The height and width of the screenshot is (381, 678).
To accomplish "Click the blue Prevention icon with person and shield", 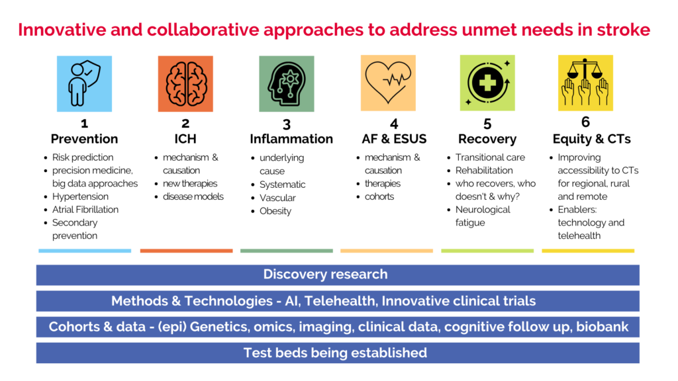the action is click(x=84, y=84).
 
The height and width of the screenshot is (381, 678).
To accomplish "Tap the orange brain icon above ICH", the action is click(x=185, y=84).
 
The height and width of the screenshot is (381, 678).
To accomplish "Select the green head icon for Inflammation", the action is click(x=287, y=84).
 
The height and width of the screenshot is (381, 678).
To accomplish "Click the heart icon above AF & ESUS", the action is click(x=388, y=83).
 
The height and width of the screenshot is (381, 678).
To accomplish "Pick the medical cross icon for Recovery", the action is click(x=487, y=83).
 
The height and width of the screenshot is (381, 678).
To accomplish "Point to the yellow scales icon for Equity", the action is click(x=585, y=83).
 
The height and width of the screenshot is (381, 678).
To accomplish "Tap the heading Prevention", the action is click(x=84, y=139).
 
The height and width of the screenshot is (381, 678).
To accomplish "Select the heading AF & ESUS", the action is click(x=394, y=139).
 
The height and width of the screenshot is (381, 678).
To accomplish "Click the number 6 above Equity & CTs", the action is click(x=585, y=122).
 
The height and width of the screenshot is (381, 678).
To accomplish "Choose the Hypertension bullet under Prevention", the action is click(x=80, y=196).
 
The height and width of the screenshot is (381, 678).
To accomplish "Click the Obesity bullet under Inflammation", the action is click(x=275, y=211).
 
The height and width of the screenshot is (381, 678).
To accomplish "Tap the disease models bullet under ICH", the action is click(x=193, y=196).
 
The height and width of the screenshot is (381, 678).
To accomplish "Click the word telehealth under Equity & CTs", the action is click(x=579, y=235).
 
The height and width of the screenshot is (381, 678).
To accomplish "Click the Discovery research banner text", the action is click(x=326, y=275).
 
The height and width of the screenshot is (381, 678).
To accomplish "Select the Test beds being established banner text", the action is click(x=335, y=353).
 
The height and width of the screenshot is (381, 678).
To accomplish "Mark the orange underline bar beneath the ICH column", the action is click(x=186, y=251).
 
